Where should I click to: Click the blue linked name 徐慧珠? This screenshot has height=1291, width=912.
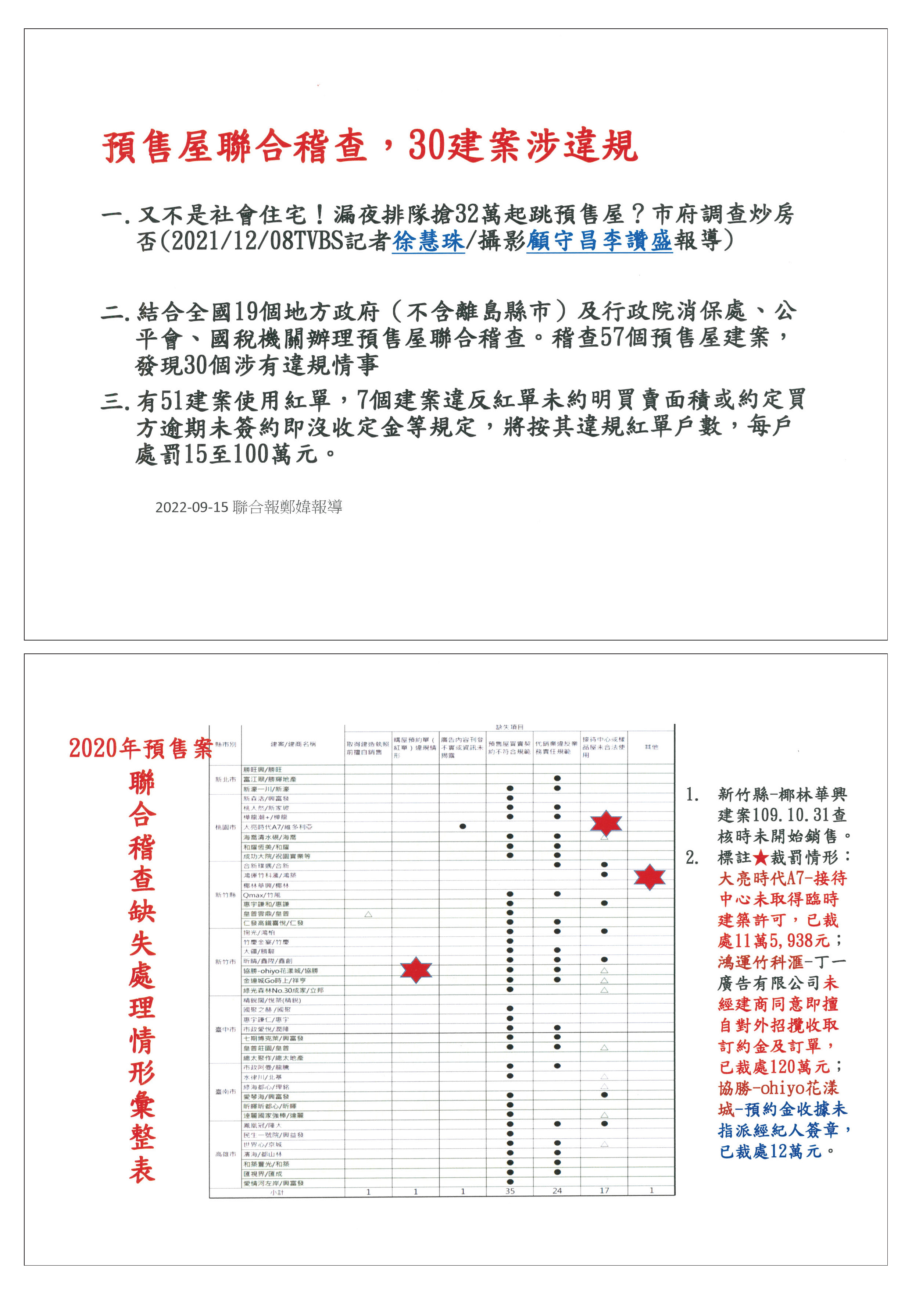coord(428,241)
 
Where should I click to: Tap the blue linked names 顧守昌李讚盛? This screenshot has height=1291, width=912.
coord(599,241)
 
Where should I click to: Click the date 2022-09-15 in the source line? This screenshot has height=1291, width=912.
coord(192,507)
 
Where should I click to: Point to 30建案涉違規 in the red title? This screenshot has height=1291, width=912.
coord(523,146)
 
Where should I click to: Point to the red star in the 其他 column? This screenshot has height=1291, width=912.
coord(650,877)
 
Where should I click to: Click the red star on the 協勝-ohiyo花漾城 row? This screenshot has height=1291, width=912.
coord(416,970)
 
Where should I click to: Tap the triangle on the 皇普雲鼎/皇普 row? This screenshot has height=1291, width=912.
coord(368,914)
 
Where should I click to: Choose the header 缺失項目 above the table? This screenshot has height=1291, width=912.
coord(509,728)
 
